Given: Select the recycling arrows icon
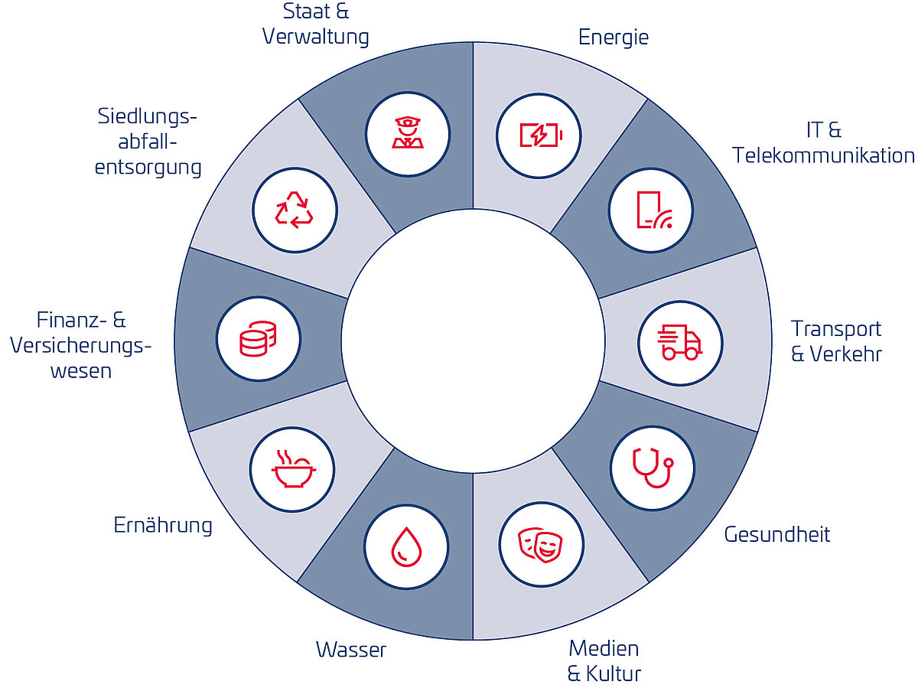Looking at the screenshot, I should [x=294, y=210].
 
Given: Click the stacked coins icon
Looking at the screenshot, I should [x=258, y=338].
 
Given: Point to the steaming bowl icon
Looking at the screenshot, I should [x=293, y=468].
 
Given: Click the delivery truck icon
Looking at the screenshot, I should [x=679, y=342].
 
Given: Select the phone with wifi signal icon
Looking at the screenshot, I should [x=651, y=210].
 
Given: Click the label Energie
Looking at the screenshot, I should [x=613, y=37].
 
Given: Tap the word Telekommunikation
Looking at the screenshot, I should [x=823, y=155].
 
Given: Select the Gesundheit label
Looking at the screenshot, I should [x=776, y=533].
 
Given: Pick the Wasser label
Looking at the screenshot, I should [x=351, y=651].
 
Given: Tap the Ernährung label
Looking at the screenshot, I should [x=163, y=525].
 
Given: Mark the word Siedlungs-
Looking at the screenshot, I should [x=148, y=117].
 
